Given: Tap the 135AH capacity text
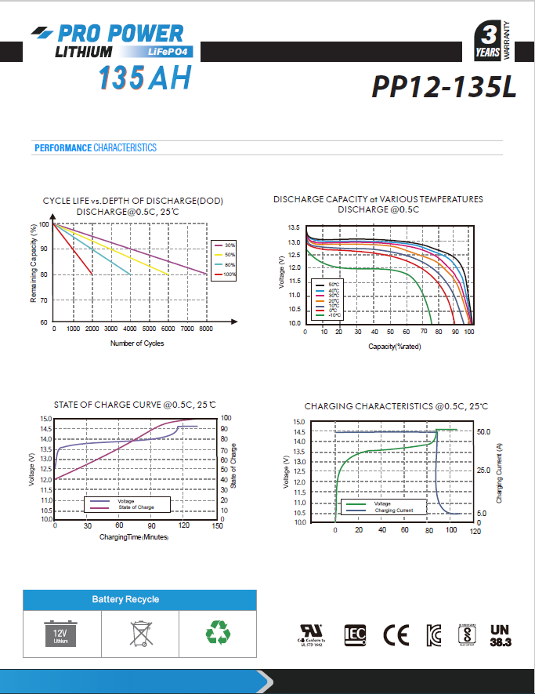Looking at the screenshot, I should click(x=145, y=79).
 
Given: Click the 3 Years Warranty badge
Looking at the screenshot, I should click(x=493, y=42).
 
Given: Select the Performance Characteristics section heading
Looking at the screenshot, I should click(x=96, y=148).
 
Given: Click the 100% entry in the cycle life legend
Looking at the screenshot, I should click(x=230, y=274).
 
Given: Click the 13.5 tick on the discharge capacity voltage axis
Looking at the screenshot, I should click(x=295, y=227).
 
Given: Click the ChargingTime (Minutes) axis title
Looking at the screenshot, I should click(x=134, y=537).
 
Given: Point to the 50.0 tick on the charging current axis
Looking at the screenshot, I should click(x=483, y=432).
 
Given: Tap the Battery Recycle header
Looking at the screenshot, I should click(x=125, y=599).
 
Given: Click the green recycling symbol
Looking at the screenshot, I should click(x=217, y=632).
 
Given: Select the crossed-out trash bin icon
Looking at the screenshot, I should click(x=140, y=632).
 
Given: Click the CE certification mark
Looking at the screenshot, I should click(x=396, y=634).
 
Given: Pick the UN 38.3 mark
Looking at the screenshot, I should click(x=499, y=634).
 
